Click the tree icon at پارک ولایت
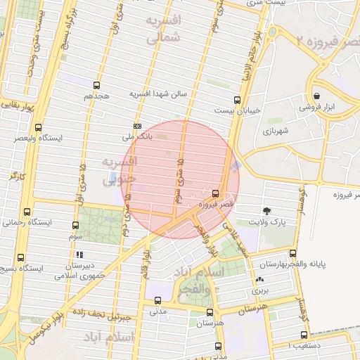[x=266, y=210]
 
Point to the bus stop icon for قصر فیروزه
[x=215, y=193]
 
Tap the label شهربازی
[x=276, y=131]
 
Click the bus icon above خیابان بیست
[x=237, y=99]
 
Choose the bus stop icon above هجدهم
[x=96, y=85]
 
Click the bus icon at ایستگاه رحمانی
[x=27, y=212]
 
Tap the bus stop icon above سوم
[x=75, y=226]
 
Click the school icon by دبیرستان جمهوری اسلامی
[x=79, y=255]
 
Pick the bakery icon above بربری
[x=259, y=281]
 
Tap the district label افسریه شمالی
[x=163, y=30]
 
